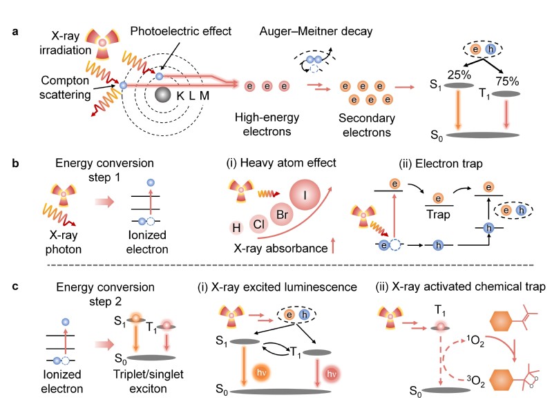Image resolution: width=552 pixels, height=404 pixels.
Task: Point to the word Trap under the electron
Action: click(x=438, y=215)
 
